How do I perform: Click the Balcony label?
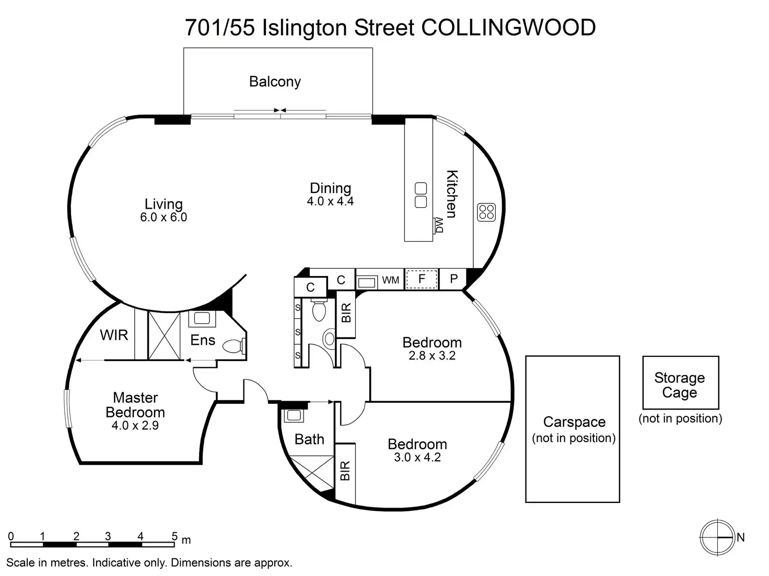(x=275, y=82)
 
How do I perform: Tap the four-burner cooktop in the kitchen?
(x=486, y=212)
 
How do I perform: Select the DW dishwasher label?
(x=439, y=225)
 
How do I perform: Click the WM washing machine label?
(x=390, y=280)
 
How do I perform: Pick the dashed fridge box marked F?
(x=422, y=279)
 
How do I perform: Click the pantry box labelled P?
(x=453, y=279)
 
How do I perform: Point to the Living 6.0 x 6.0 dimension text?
(x=164, y=217)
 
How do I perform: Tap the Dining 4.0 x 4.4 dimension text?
(x=330, y=201)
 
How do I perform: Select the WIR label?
(x=114, y=335)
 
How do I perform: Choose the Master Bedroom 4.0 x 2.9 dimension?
(x=135, y=425)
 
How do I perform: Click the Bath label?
(x=309, y=439)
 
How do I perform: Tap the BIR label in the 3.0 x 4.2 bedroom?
(x=345, y=471)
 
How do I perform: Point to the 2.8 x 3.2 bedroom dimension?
(x=432, y=356)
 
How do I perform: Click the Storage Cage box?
(x=680, y=382)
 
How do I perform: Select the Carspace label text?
(x=574, y=422)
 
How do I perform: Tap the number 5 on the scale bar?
(x=174, y=536)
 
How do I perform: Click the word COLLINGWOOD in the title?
(x=508, y=28)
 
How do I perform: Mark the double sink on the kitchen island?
(x=421, y=195)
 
